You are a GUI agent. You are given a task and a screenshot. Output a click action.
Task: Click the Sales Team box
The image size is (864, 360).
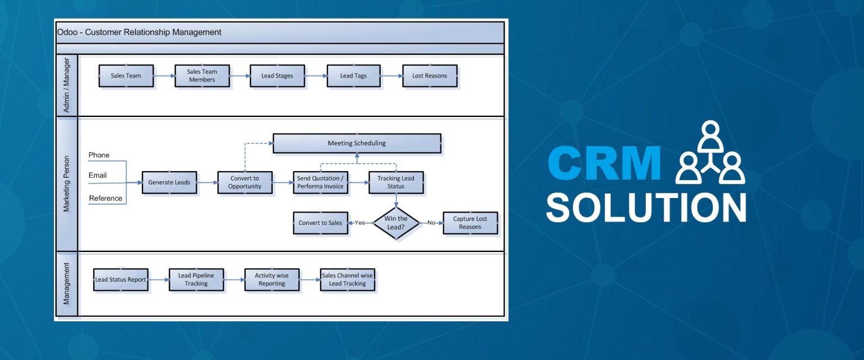126,76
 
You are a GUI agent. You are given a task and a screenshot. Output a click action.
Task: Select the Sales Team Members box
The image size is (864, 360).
201,76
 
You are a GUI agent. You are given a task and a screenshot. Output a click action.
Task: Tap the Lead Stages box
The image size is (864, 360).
277,76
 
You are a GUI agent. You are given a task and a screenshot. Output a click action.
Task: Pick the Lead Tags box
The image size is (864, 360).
354,76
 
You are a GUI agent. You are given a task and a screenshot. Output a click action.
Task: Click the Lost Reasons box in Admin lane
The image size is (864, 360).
430,76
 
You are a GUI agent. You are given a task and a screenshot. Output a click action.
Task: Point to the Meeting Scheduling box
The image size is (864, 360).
357,143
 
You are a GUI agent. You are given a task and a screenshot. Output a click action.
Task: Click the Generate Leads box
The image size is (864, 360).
169,183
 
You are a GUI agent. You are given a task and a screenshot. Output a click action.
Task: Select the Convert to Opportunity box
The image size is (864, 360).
245,183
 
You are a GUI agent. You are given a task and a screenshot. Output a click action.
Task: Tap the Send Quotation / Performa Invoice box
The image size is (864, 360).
320,183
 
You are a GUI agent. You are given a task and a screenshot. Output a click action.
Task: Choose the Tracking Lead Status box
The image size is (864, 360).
396,183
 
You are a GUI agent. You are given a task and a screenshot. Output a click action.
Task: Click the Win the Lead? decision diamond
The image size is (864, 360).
396,223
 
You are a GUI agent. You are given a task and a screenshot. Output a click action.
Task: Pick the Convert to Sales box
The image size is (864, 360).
321,223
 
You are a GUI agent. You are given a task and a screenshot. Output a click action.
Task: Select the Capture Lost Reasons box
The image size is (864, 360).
470,223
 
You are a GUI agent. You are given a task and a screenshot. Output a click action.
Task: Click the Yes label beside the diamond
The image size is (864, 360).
360,223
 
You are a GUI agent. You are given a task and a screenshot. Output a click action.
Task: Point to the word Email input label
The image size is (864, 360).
97,175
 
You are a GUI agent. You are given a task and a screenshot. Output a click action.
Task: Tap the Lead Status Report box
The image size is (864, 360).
120,280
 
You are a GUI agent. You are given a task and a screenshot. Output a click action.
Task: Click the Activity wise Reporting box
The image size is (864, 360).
272,280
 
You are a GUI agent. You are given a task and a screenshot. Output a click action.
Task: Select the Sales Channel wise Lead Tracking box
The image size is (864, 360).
347,280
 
